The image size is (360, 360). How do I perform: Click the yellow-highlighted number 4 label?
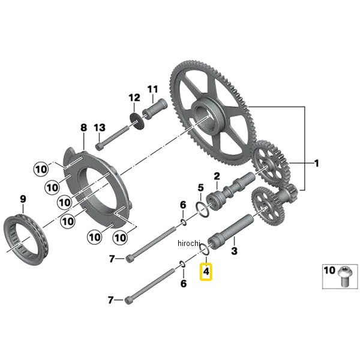click(x=206, y=272)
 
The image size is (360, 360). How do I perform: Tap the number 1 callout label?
click(x=317, y=163)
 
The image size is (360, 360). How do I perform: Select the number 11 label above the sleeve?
click(x=152, y=89)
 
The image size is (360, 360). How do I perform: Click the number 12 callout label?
click(x=134, y=98)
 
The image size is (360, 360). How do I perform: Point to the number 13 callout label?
click(x=100, y=128)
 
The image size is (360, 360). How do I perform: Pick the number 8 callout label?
click(x=84, y=127)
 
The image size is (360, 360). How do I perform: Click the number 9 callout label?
click(x=23, y=199)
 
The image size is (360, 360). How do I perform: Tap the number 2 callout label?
click(x=217, y=176)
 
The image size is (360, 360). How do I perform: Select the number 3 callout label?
click(x=234, y=251)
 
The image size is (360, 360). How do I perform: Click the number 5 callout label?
click(x=200, y=188)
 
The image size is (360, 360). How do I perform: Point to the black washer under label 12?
click(x=137, y=121)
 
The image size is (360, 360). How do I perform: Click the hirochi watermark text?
click(x=189, y=243)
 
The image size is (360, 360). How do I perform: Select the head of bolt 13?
click(x=99, y=146)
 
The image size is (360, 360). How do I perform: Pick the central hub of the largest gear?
click(x=206, y=116)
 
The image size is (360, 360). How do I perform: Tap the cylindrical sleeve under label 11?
click(x=155, y=109)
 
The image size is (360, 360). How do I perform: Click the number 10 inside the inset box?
click(x=329, y=270)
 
